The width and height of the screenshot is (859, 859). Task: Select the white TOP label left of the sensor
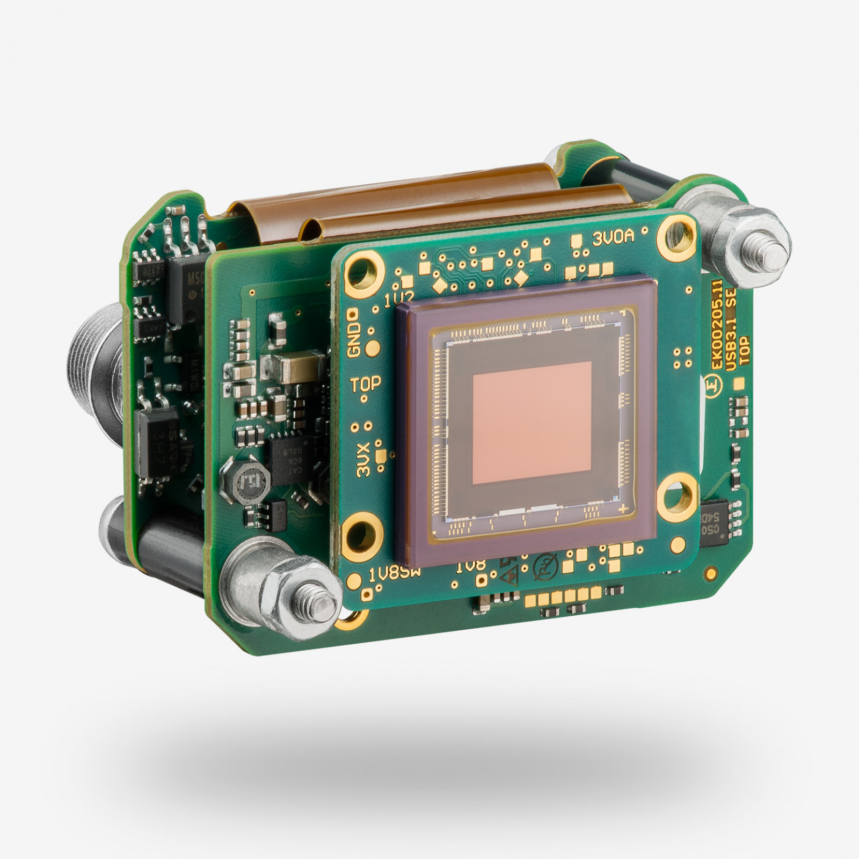click(366, 385)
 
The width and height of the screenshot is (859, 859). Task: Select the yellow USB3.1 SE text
click(733, 334)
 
